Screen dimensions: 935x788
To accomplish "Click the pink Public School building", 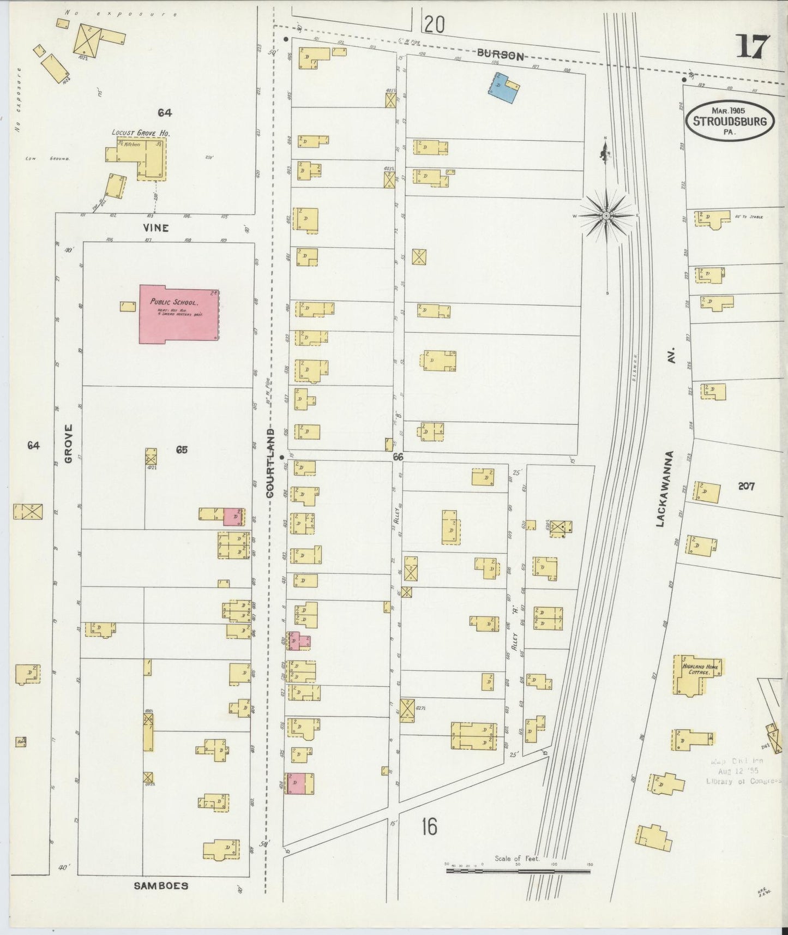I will pos(178,314).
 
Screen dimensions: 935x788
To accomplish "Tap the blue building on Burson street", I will pos(502,88).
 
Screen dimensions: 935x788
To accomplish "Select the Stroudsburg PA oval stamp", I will pos(730,121).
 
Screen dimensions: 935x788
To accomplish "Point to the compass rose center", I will pos(606,217).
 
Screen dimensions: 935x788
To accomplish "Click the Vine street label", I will pos(156,228).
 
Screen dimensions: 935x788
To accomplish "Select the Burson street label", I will pos(500,55).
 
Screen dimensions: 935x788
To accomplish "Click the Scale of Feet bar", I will pos(518,871).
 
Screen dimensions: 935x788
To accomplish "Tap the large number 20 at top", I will pos(435,25).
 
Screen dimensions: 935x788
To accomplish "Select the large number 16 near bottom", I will pos(429,827).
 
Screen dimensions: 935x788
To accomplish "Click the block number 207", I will pos(745,486).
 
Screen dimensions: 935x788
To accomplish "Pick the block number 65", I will pos(182,450).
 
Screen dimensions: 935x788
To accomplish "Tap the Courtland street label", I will pos(269,463).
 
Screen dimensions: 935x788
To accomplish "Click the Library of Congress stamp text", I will pos(743,781).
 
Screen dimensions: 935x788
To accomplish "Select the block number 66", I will pos(398,457).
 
